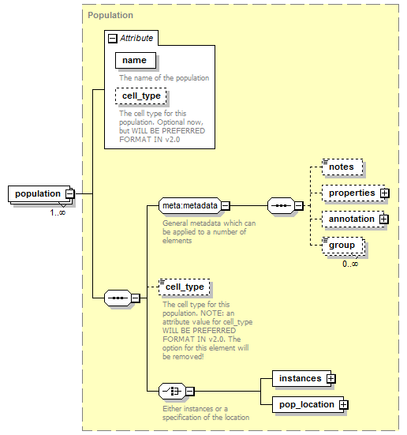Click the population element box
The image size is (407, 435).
click(x=39, y=193)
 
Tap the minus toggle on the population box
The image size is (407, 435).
click(x=70, y=193)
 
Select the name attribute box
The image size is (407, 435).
click(x=136, y=60)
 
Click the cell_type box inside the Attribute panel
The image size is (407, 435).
click(x=141, y=96)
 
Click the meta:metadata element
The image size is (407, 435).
click(x=190, y=205)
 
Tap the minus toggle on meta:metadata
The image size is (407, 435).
click(x=226, y=206)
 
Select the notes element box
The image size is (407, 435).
click(x=342, y=167)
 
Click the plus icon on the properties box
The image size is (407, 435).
click(x=385, y=193)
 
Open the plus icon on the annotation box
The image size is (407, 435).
click(x=384, y=219)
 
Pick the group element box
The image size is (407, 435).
click(x=342, y=246)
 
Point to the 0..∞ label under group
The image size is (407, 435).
click(x=350, y=264)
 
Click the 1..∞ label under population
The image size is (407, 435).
click(x=58, y=213)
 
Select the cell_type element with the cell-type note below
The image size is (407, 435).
click(x=185, y=287)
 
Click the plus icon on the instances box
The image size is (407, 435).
click(x=331, y=379)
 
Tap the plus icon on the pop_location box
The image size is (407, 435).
click(x=344, y=405)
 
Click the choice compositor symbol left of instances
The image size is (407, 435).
click(x=172, y=391)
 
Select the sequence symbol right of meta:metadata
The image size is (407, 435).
click(x=281, y=205)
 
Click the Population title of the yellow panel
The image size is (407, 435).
click(x=110, y=15)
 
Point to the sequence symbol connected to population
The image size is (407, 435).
click(x=118, y=298)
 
